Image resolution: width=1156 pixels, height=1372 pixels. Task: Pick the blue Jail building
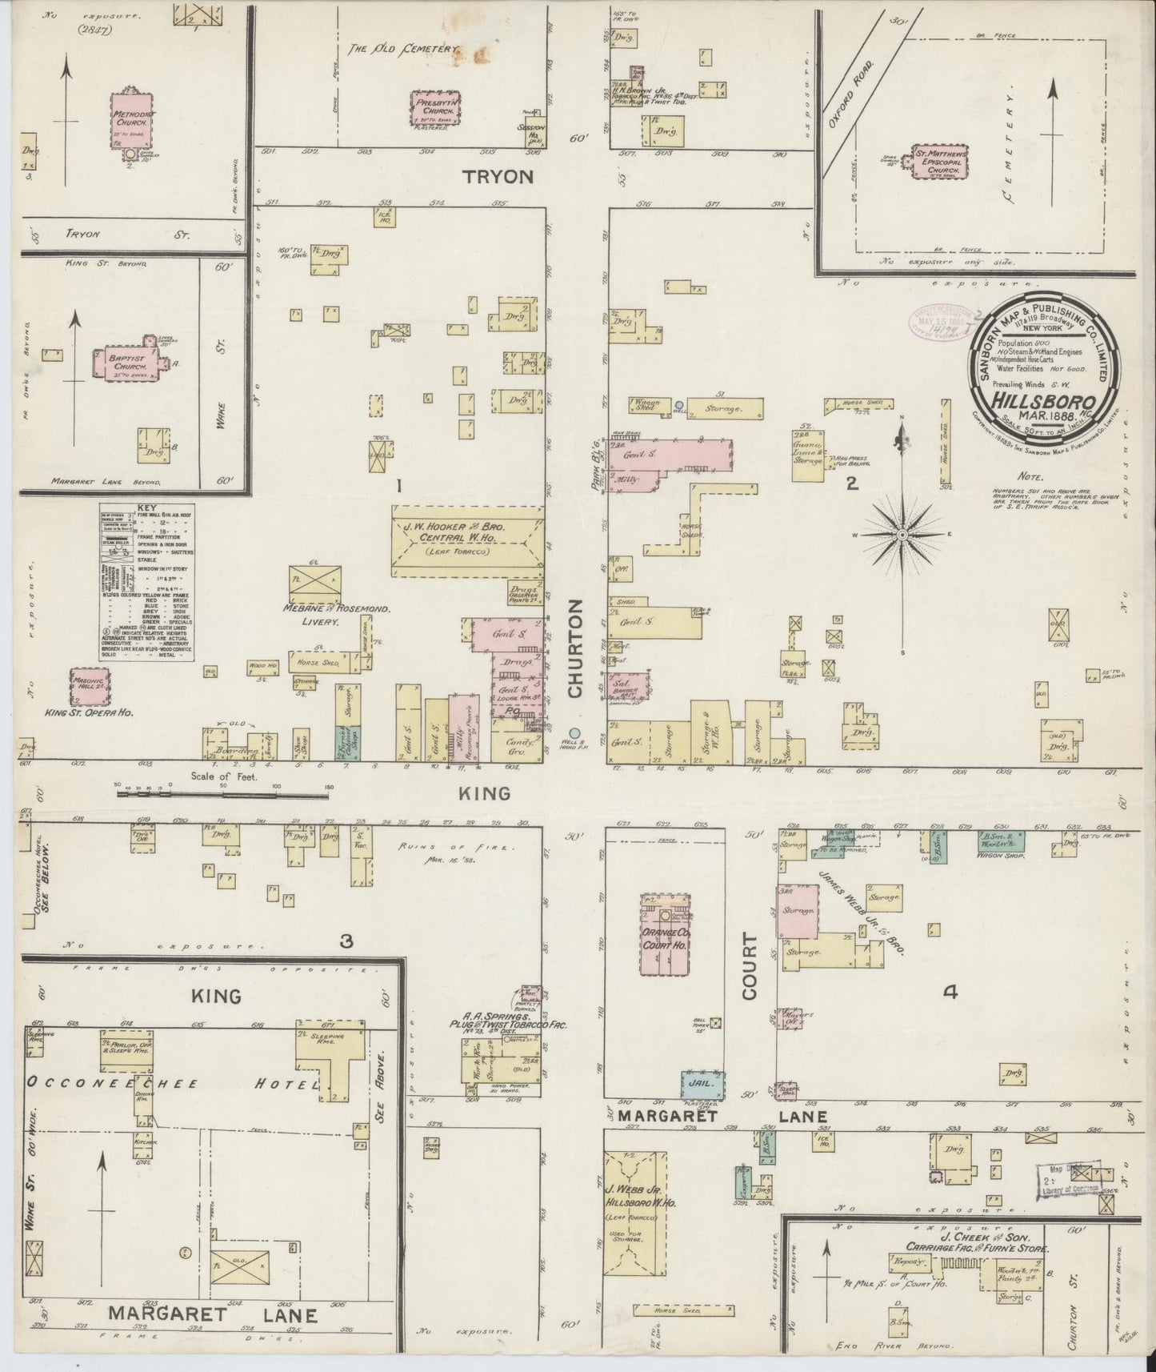tap(702, 1083)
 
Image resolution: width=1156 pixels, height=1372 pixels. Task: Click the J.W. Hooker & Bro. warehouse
tap(467, 540)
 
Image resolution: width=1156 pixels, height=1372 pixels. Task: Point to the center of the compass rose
tap(902, 534)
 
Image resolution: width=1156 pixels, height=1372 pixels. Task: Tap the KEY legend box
tap(148, 582)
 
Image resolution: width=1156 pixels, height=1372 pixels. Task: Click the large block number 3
tap(346, 942)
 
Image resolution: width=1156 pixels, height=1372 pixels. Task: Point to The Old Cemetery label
tap(402, 49)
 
